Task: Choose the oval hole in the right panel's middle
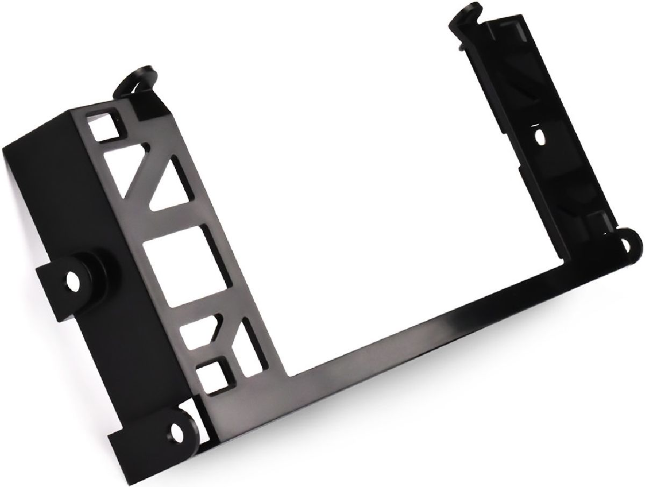[540, 138]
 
